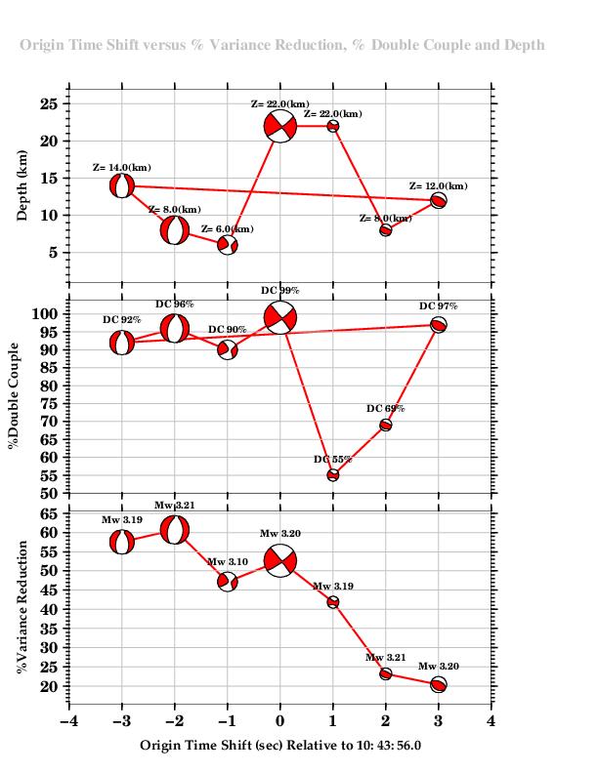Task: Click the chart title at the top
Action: (x=282, y=45)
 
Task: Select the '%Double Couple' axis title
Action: (x=15, y=401)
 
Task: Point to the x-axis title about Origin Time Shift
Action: (x=280, y=745)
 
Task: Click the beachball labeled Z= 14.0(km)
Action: (x=121, y=185)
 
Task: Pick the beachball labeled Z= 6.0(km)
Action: (x=228, y=245)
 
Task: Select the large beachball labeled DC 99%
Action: (x=280, y=317)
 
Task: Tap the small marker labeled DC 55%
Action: (x=333, y=475)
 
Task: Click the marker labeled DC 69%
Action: (x=386, y=425)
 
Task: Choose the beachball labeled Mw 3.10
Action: (x=228, y=582)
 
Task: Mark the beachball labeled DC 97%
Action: (x=439, y=325)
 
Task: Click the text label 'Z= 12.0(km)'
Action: (x=438, y=185)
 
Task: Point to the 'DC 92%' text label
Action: (x=122, y=319)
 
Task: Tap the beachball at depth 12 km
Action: (x=439, y=200)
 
